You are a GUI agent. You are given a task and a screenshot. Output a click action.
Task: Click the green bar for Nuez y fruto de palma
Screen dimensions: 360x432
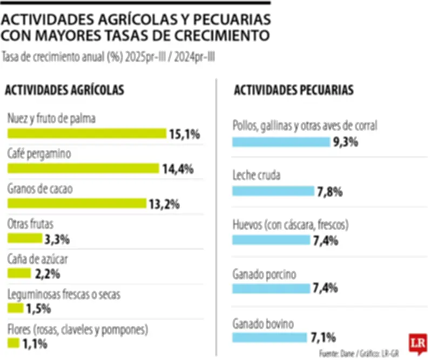[x=86, y=134]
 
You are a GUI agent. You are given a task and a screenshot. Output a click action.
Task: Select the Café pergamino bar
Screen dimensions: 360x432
[x=83, y=168]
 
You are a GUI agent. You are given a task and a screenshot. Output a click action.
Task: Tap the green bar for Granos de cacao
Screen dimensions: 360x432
[x=77, y=203]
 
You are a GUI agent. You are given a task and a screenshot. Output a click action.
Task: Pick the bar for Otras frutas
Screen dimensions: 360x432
[x=24, y=238]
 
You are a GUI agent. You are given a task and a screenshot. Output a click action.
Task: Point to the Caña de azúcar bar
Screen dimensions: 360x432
[x=18, y=273]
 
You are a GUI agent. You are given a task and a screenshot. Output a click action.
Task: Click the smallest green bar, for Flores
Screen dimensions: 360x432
[x=13, y=343]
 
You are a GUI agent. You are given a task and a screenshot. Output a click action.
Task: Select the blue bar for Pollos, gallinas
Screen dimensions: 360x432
[x=281, y=142]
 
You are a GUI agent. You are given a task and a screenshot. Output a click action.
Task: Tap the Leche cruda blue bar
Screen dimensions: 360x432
[x=273, y=191]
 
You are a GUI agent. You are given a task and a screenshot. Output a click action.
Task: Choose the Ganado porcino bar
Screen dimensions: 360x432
[x=271, y=289]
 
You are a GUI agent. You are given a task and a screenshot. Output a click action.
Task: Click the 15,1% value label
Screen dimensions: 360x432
[x=185, y=134]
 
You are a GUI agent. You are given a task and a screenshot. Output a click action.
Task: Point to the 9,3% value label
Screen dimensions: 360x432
[x=346, y=142]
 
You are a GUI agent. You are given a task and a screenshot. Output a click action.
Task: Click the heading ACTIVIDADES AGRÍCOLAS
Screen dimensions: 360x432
[x=65, y=90]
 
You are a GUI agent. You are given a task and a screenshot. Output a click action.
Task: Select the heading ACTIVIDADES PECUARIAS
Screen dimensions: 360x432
[x=294, y=90]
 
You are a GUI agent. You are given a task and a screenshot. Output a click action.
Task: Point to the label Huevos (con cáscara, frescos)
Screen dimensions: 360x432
[x=291, y=224]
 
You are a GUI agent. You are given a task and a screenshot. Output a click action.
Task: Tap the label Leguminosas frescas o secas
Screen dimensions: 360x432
[x=64, y=295]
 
